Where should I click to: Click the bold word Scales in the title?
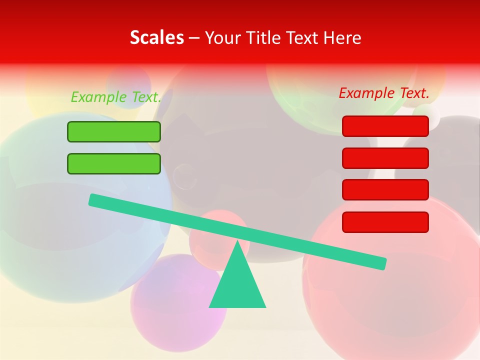pyautogui.click(x=156, y=37)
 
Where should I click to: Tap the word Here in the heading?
pyautogui.click(x=342, y=37)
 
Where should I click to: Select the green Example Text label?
pyautogui.click(x=116, y=97)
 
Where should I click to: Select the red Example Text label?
pyautogui.click(x=384, y=93)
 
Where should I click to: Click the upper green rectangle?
pyautogui.click(x=114, y=131)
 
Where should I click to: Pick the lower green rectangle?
pyautogui.click(x=114, y=163)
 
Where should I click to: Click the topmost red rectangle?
pyautogui.click(x=385, y=126)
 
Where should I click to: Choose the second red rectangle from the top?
pyautogui.click(x=385, y=158)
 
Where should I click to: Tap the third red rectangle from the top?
pyautogui.click(x=385, y=189)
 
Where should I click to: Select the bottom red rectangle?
pyautogui.click(x=385, y=222)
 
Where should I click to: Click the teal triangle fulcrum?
pyautogui.click(x=237, y=285)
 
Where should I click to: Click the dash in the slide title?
pyautogui.click(x=194, y=38)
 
